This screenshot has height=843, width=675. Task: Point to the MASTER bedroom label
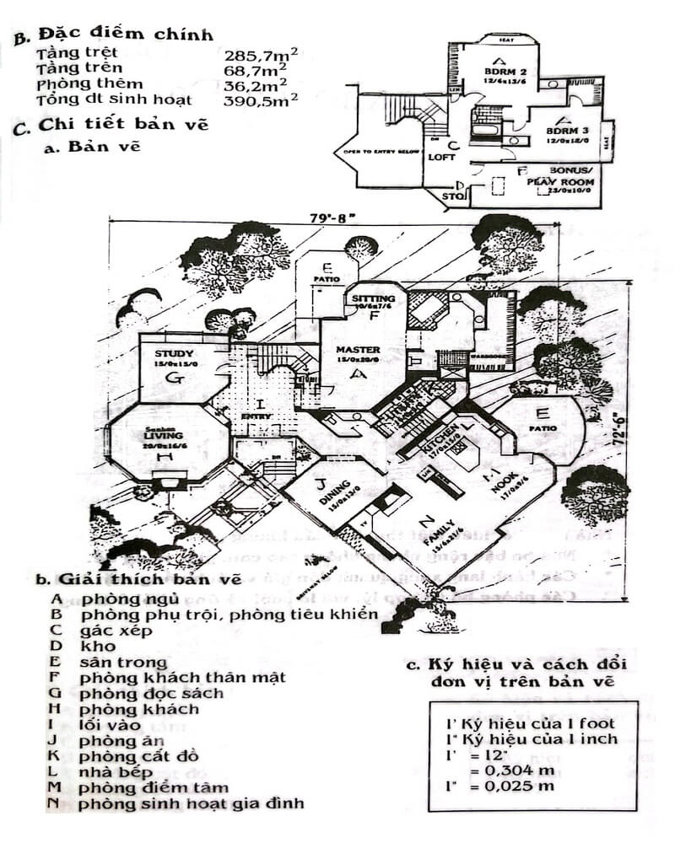coord(358,350)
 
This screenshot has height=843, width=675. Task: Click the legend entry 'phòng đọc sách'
coord(152,693)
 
